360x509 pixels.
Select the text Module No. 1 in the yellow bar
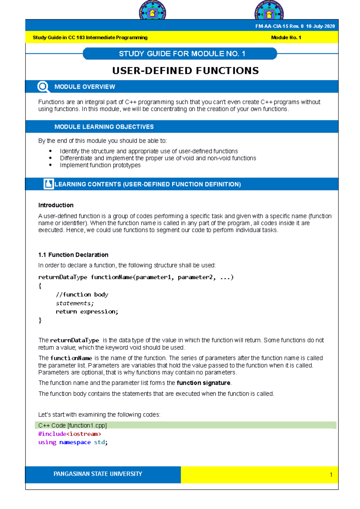tap(286, 37)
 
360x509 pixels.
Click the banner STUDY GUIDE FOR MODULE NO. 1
tap(182, 54)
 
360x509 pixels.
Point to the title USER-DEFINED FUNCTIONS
tap(185, 71)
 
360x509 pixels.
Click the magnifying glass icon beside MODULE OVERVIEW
tap(43, 87)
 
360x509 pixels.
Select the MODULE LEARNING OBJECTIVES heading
tap(104, 127)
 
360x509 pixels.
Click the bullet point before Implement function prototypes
tap(50, 165)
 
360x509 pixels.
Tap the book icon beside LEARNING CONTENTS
tap(48, 184)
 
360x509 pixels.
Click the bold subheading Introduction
tap(56, 205)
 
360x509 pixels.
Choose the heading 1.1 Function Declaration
tap(73, 255)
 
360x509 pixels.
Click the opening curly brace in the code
tap(40, 286)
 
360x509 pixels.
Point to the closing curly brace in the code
tap(40, 320)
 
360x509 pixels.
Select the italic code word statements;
tap(75, 303)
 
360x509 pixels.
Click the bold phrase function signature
tap(203, 383)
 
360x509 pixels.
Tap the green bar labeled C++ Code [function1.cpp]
tap(185, 425)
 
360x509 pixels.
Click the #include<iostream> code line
tap(70, 434)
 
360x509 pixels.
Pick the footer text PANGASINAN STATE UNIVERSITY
tap(98, 474)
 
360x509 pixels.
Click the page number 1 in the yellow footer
tap(331, 475)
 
